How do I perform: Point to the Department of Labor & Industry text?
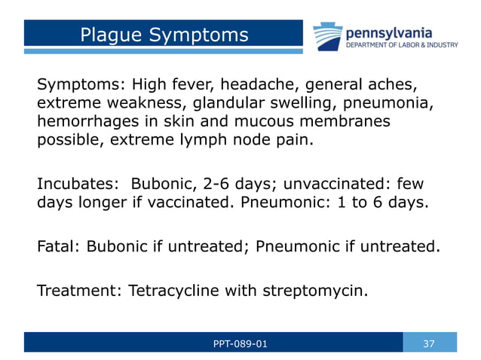point(401,45)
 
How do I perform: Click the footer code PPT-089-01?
point(240,344)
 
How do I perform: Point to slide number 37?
point(429,344)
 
